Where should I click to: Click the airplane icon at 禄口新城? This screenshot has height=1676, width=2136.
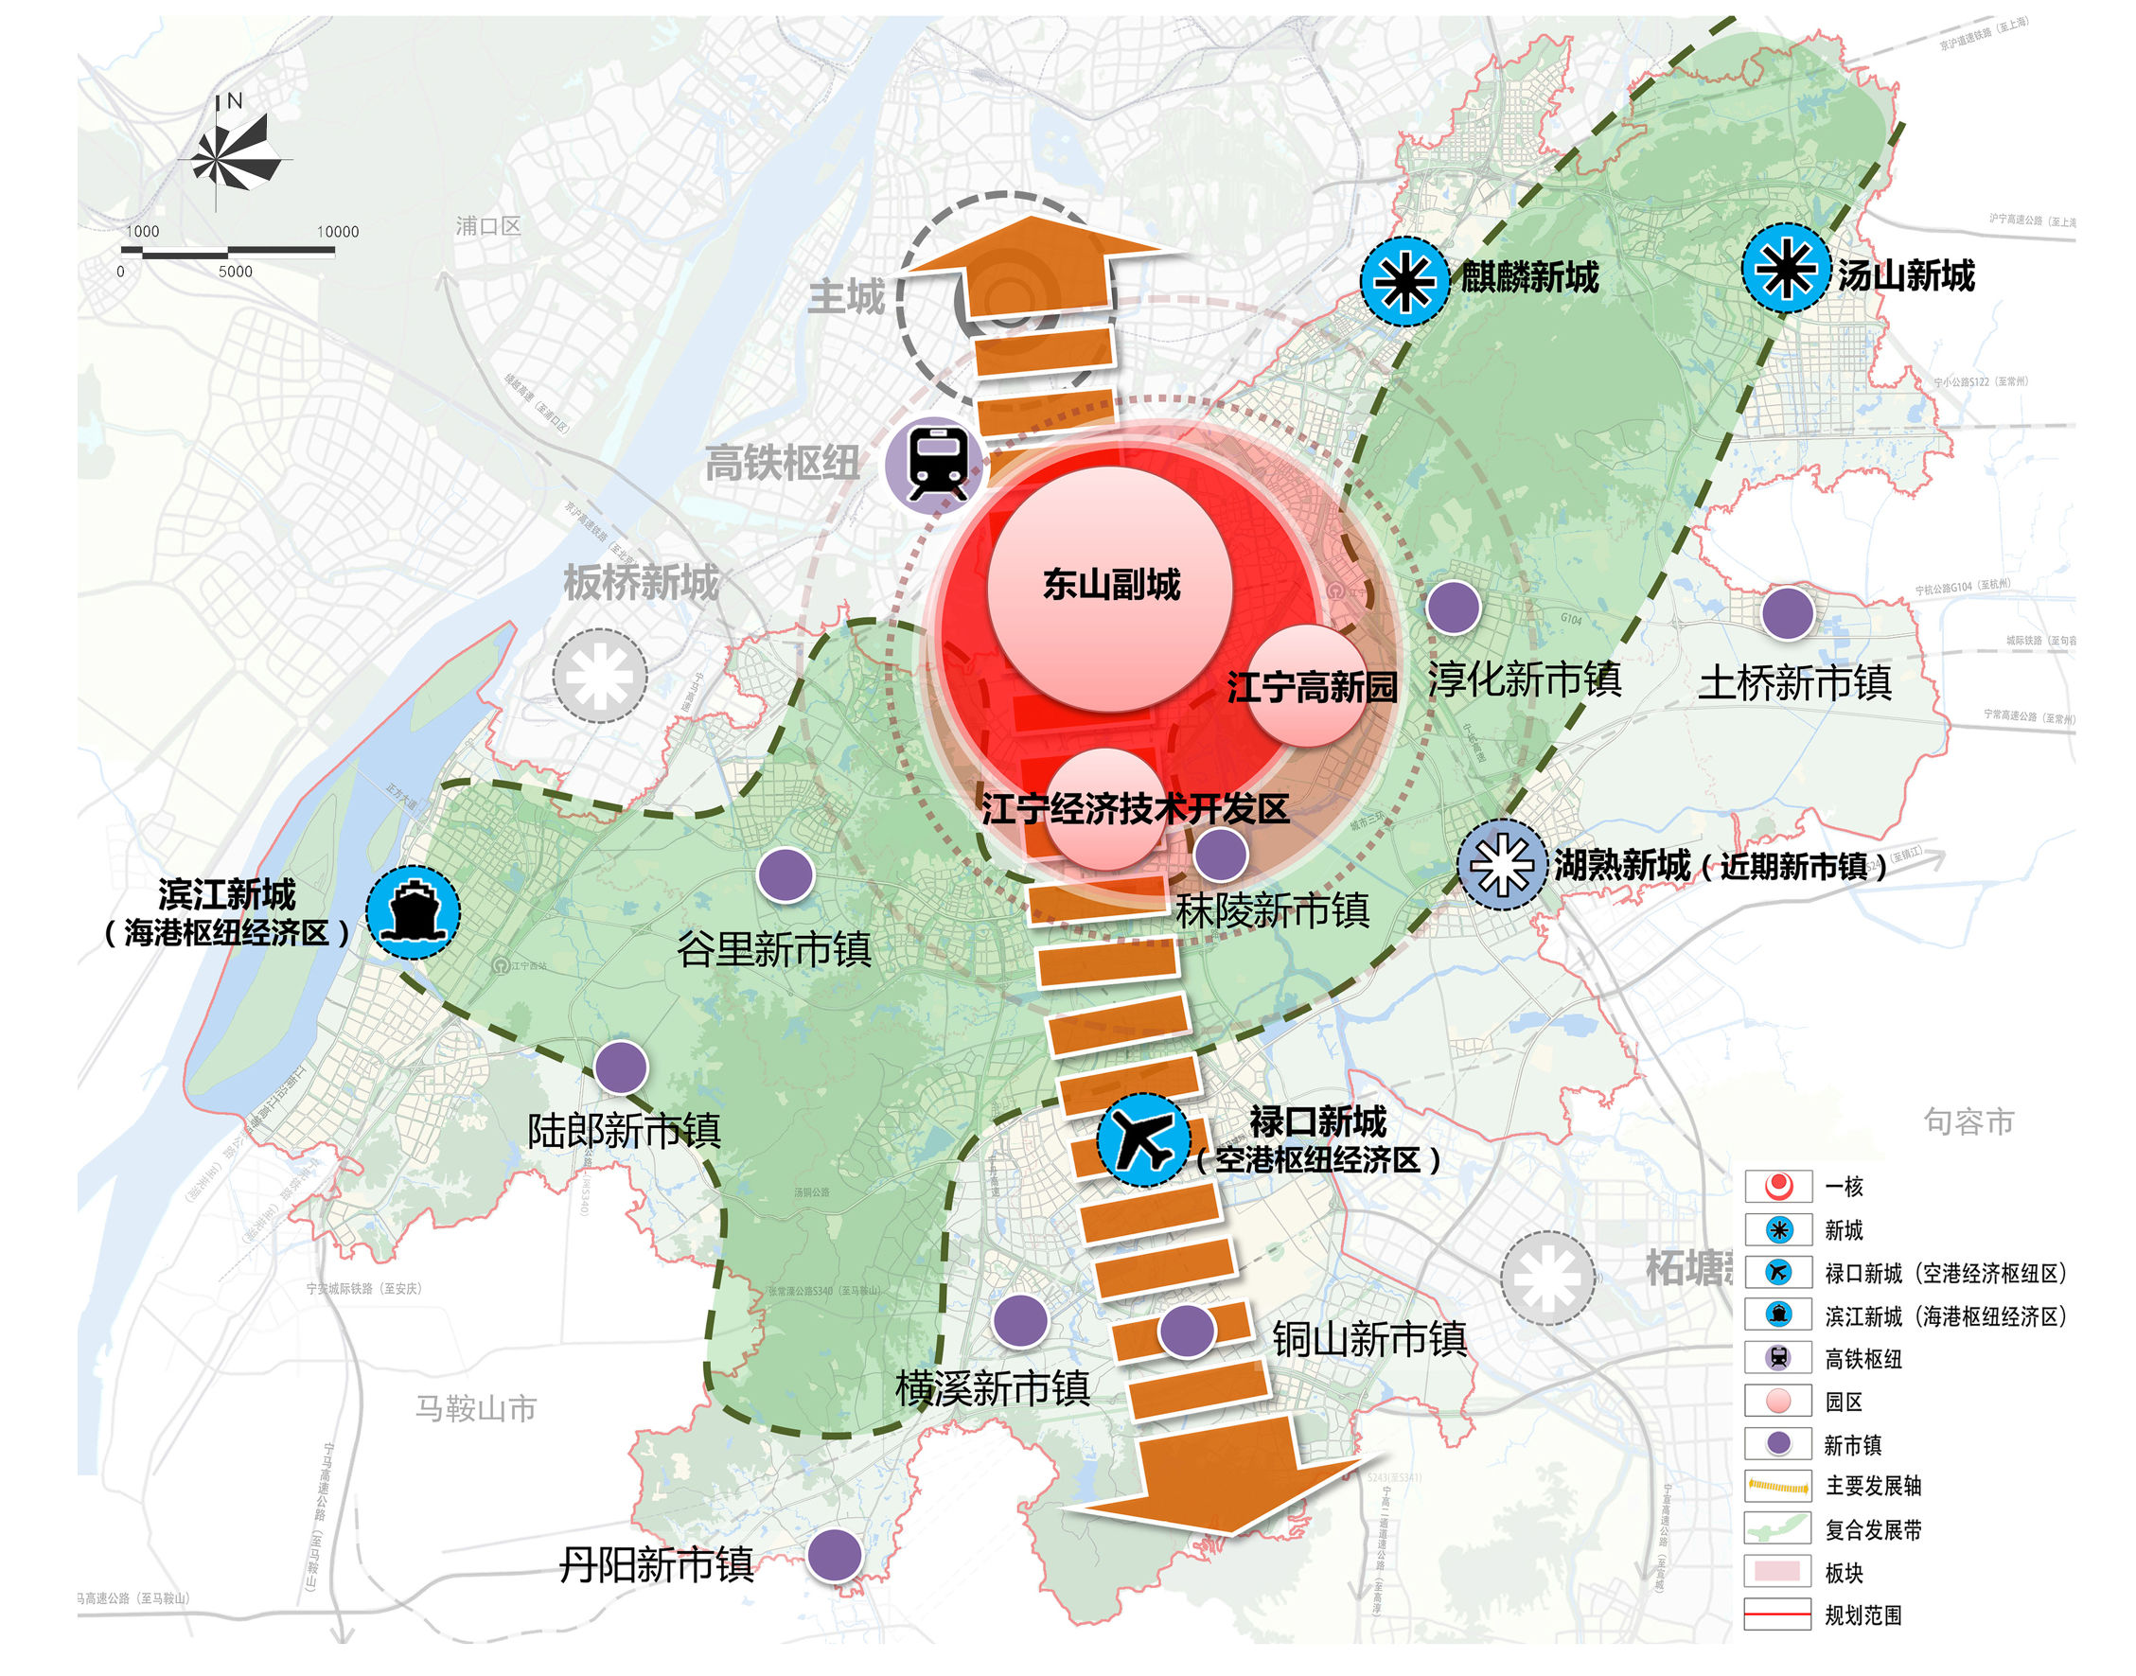point(1142,1139)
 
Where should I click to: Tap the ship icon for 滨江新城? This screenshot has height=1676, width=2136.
point(413,911)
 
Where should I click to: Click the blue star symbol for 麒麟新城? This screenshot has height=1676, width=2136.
point(1404,281)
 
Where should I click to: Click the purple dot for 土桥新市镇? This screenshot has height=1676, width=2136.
point(1787,613)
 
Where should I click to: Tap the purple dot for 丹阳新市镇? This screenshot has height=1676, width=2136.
point(834,1554)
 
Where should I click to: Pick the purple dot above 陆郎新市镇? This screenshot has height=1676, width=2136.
point(621,1067)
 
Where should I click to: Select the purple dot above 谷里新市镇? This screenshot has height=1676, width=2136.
point(786,873)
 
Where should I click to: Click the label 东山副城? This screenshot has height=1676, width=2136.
point(1111,585)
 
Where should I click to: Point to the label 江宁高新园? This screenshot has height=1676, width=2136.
point(1312,687)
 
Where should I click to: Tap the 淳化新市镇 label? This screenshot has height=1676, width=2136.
point(1524,679)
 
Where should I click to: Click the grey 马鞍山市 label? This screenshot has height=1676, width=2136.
point(476,1408)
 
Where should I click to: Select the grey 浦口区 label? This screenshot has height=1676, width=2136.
point(487,225)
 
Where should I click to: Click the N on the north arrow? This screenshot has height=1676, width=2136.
point(235,100)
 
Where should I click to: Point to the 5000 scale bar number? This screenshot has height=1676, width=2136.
point(236,272)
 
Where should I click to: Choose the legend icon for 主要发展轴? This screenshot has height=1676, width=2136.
point(1777,1486)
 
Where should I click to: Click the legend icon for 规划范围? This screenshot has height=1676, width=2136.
point(1777,1615)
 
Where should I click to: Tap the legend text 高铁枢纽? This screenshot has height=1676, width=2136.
point(1862,1359)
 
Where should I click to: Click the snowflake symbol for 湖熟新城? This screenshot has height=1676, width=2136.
point(1501,864)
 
